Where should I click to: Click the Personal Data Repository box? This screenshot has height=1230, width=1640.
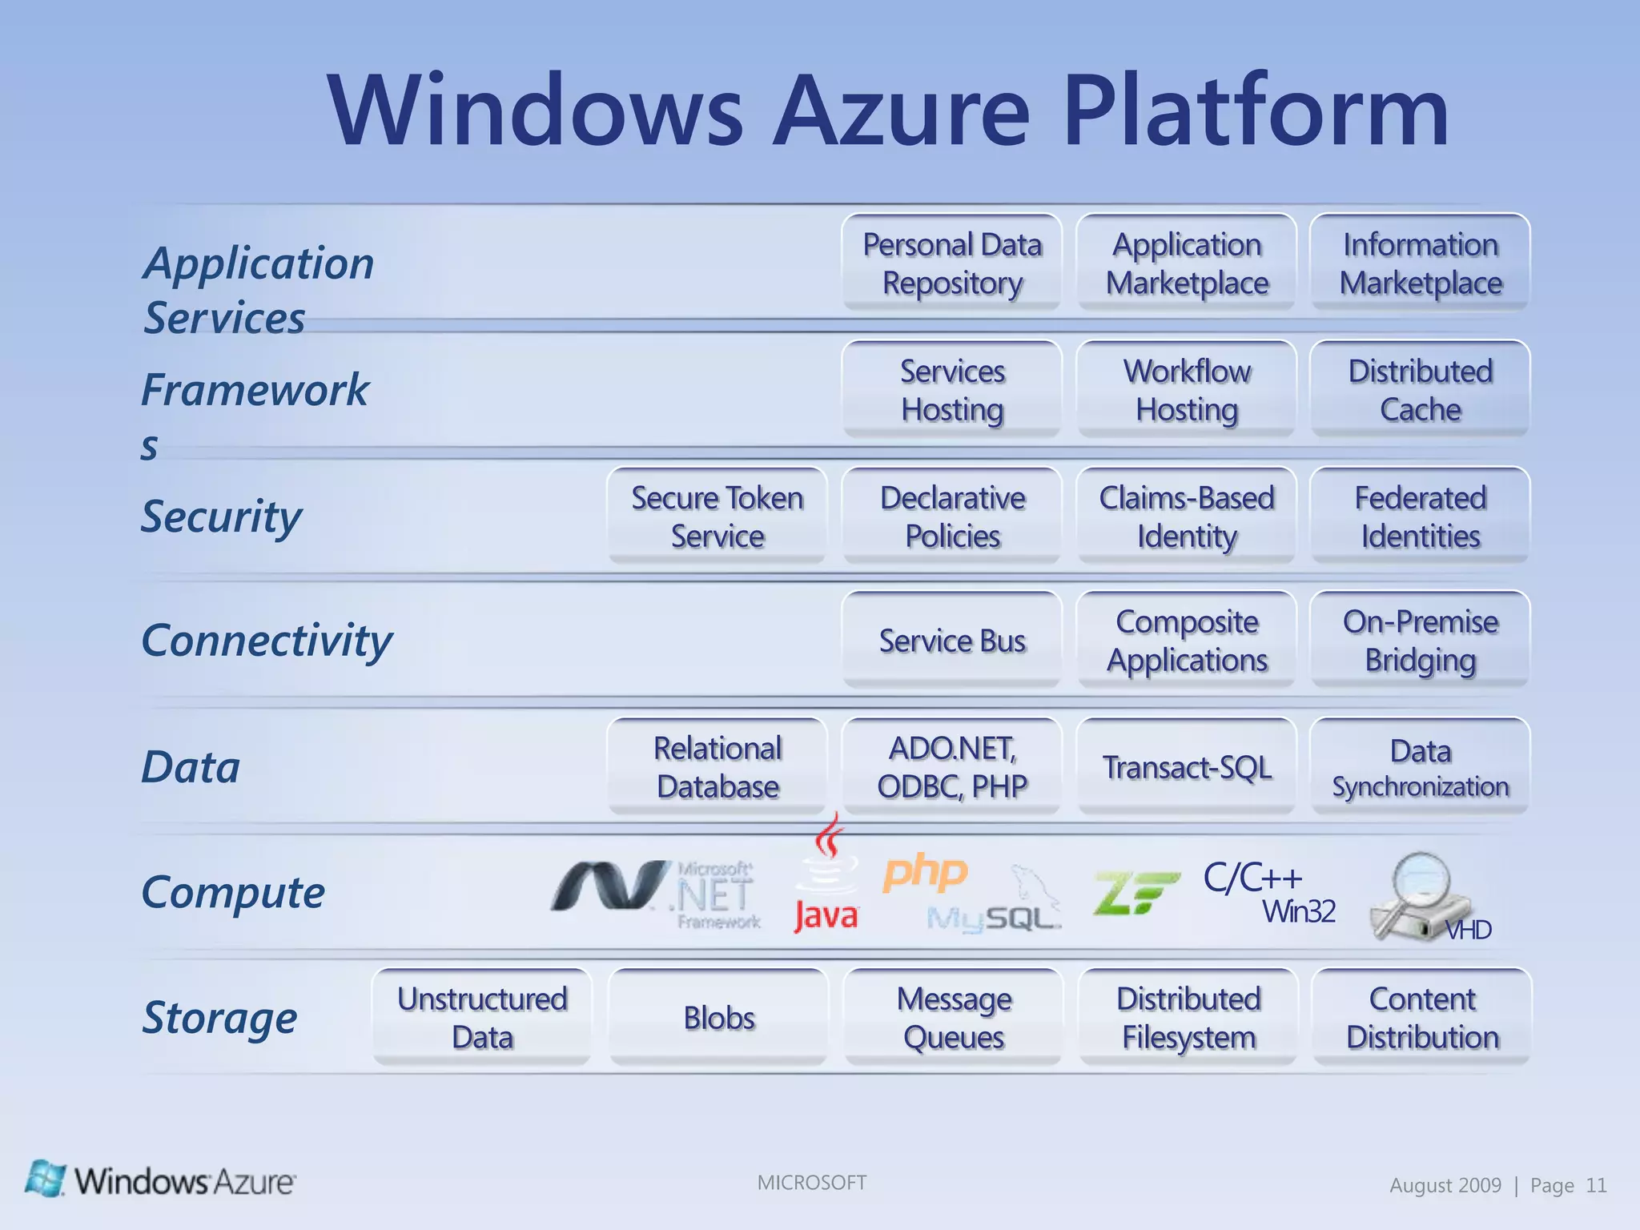click(952, 263)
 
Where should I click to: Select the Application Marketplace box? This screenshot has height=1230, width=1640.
click(1187, 263)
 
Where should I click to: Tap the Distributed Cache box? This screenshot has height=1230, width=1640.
click(1420, 390)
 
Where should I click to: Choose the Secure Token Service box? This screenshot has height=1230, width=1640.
click(717, 517)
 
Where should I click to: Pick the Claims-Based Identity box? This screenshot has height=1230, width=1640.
click(1187, 517)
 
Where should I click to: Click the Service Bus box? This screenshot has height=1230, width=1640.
click(952, 641)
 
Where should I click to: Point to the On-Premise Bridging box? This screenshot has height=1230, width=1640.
click(1420, 641)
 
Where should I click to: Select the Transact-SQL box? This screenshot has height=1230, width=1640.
click(1187, 767)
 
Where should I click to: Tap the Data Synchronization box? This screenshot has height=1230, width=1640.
click(1420, 767)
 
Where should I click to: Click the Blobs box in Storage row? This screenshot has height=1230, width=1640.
click(718, 1018)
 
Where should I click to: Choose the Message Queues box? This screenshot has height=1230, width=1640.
click(954, 1018)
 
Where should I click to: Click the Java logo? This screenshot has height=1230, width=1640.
click(826, 877)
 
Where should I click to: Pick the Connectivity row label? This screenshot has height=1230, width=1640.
click(267, 641)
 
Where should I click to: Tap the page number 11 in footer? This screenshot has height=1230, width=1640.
click(1596, 1185)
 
